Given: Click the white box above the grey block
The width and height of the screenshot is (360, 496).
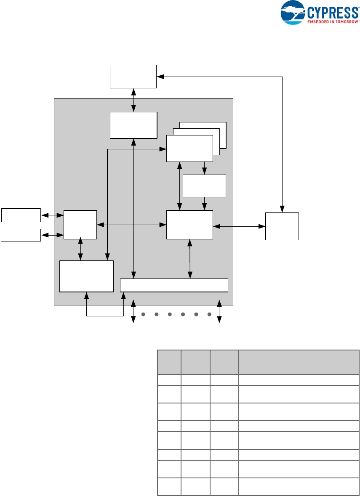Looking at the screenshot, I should tap(133, 76).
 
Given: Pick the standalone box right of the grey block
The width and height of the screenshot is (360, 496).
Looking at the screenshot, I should tap(282, 226).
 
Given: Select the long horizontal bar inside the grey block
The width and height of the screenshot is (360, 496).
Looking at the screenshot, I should tap(174, 285).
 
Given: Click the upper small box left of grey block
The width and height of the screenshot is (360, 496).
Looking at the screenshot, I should tap(21, 215).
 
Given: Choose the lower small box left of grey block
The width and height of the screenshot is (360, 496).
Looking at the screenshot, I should tap(21, 235).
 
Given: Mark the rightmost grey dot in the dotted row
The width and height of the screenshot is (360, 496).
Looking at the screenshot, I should tap(209, 314).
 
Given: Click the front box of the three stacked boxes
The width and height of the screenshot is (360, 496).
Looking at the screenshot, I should tap(189, 148).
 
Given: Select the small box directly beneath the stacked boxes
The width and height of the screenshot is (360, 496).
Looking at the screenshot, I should tap(205, 186).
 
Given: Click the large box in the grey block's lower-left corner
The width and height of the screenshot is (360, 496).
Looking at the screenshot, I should tap(86, 276).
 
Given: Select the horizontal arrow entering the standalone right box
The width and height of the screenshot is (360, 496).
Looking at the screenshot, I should tap(239, 226).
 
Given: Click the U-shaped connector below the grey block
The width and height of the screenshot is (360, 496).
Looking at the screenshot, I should tap(104, 315).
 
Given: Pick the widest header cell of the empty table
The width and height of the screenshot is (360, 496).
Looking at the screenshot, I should tap(299, 362).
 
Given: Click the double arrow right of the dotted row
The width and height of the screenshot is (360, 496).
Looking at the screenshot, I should tap(219, 311).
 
